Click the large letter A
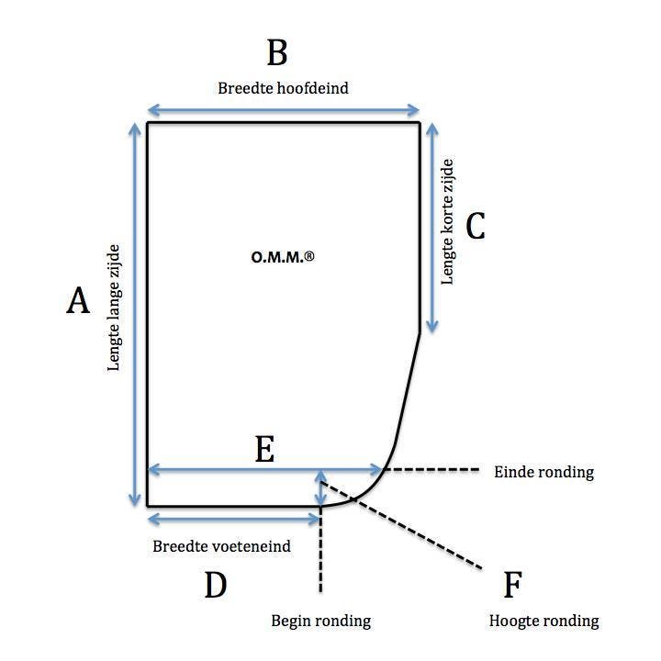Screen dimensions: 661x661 pyautogui.click(x=78, y=301)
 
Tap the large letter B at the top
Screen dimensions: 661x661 pyautogui.click(x=277, y=53)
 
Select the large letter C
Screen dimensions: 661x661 pyautogui.click(x=475, y=226)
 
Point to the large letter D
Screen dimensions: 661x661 pyautogui.click(x=215, y=586)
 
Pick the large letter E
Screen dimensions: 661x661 pyautogui.click(x=264, y=450)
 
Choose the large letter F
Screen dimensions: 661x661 pyautogui.click(x=513, y=586)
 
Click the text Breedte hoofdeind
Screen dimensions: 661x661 pyautogui.click(x=283, y=89)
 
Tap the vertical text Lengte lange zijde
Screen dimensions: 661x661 pyautogui.click(x=115, y=306)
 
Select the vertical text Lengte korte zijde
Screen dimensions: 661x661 pyautogui.click(x=448, y=221)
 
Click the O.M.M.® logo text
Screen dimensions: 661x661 pyautogui.click(x=283, y=258)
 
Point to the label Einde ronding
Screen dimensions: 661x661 pyautogui.click(x=543, y=473)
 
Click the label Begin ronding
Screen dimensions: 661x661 pyautogui.click(x=320, y=622)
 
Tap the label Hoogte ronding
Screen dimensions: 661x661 pyautogui.click(x=544, y=622)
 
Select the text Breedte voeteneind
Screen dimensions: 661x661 pyautogui.click(x=221, y=547)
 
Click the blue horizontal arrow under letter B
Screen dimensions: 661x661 pyautogui.click(x=283, y=111)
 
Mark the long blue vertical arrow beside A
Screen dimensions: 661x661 pyautogui.click(x=136, y=312)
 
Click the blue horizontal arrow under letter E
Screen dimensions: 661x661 pyautogui.click(x=264, y=470)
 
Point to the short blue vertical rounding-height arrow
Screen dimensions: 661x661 pyautogui.click(x=320, y=488)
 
